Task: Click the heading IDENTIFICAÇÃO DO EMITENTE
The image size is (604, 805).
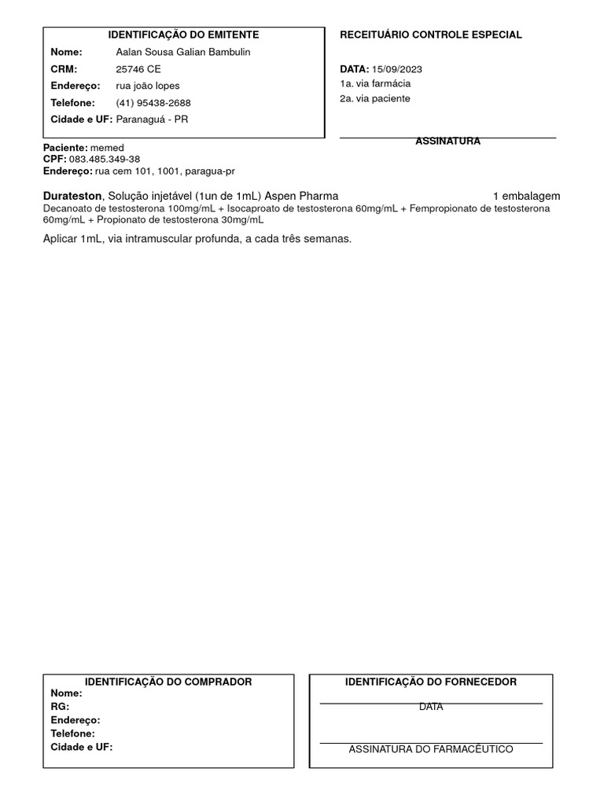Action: [x=183, y=35]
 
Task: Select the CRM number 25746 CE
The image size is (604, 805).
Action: [x=138, y=69]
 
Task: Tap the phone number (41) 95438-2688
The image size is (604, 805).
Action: [x=153, y=103]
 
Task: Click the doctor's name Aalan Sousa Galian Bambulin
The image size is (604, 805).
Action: [x=183, y=52]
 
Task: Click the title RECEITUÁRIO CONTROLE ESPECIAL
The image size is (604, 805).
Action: [x=430, y=35]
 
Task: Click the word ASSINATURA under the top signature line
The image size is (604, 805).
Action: [x=447, y=142]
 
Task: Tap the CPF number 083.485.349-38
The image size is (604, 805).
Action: [x=105, y=160]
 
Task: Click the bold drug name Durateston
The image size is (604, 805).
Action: [x=72, y=196]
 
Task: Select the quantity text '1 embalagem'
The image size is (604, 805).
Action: [x=526, y=196]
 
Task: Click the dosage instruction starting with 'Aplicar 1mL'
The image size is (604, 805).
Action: [x=197, y=239]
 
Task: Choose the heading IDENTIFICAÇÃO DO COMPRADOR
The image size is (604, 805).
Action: [x=168, y=682]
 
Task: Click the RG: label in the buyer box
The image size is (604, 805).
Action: [x=60, y=707]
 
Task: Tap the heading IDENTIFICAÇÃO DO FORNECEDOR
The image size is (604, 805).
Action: [x=431, y=682]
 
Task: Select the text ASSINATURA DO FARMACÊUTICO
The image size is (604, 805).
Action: [x=431, y=749]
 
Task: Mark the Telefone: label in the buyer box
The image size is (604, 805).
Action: [x=72, y=733]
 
